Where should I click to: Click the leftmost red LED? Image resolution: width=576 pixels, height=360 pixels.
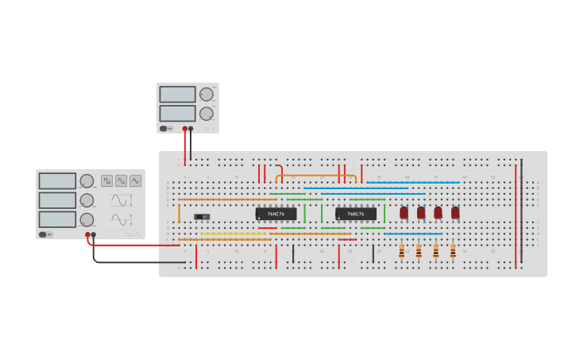tap(404, 212)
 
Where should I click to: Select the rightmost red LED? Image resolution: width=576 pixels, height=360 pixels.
tap(455, 212)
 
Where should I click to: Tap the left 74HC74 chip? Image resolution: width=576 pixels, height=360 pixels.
tap(276, 214)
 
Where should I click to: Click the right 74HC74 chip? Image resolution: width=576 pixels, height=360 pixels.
tap(355, 214)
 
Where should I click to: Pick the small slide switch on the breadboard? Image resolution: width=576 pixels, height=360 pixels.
tap(202, 216)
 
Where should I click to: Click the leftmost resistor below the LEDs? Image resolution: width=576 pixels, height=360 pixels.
tap(401, 251)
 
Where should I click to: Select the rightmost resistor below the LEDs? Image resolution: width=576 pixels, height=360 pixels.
tap(453, 251)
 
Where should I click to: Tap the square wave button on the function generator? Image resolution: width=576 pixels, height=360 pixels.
tap(106, 180)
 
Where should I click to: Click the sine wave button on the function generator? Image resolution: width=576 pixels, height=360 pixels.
tap(121, 180)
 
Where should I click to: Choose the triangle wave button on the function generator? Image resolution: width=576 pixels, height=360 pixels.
tap(135, 180)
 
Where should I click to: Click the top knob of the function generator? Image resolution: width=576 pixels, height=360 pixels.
tap(87, 180)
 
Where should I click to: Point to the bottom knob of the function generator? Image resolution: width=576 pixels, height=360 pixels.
tap(87, 219)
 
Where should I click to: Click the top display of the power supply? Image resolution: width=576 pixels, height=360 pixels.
tap(177, 95)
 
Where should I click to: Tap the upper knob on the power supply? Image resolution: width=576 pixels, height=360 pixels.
tap(207, 95)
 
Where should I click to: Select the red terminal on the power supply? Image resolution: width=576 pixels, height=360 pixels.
tap(184, 128)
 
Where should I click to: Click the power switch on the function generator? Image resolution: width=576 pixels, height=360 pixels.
tap(44, 234)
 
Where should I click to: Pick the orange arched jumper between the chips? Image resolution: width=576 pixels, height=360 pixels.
tap(315, 176)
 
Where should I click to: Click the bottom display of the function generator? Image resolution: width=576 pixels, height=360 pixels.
tap(57, 219)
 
